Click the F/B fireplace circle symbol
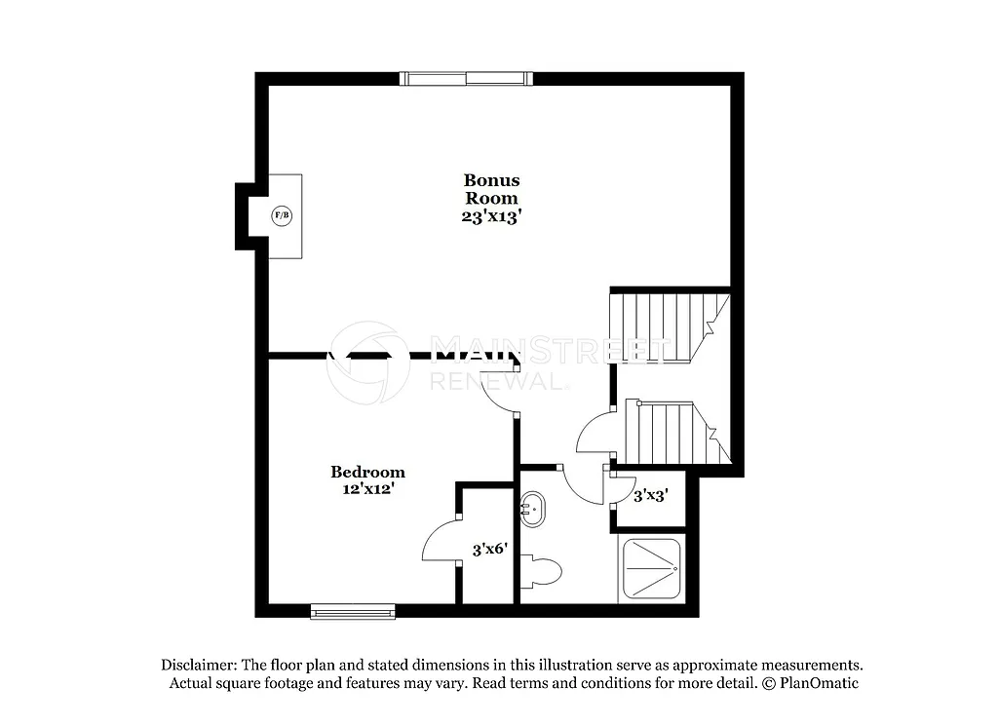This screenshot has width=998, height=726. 282,215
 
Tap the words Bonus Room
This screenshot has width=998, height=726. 491,189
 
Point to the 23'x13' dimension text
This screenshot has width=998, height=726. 491,217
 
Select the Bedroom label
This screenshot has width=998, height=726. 367,473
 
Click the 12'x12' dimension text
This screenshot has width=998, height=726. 367,490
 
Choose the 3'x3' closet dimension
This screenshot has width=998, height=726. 651,495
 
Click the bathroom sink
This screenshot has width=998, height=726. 533,507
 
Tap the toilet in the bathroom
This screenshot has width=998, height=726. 540,571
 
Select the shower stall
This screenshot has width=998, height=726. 650,569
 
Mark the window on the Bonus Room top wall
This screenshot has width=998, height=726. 466,79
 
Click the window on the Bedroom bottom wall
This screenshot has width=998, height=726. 353,611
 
